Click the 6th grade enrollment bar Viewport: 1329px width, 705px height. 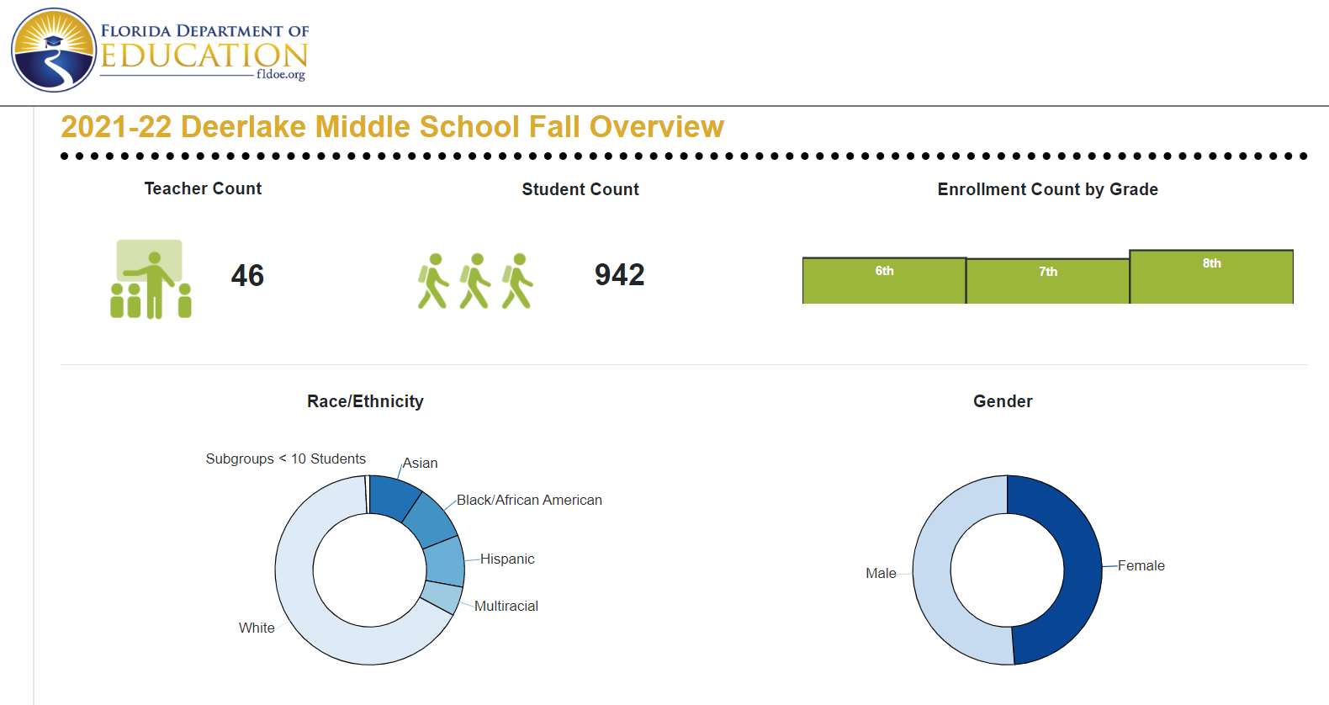coord(884,281)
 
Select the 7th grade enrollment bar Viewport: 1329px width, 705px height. coord(1048,281)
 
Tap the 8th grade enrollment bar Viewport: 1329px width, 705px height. coord(1211,277)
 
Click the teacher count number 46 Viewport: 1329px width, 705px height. coord(247,275)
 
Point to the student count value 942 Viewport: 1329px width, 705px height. coord(619,275)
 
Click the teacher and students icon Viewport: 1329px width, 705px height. coord(151,279)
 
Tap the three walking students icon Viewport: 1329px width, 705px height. coord(475,281)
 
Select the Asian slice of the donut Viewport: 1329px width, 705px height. coord(393,497)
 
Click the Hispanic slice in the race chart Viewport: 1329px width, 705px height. coord(445,561)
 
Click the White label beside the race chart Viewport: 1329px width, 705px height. coord(257,628)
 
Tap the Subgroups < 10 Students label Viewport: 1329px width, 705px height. coord(285,459)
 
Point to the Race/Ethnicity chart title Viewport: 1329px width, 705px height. coord(365,402)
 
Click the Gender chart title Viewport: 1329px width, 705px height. coord(1003,401)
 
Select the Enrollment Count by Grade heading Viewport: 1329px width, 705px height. coord(1048,189)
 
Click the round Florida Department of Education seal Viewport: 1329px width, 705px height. coord(53,50)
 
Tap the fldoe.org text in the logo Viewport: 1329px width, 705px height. coord(281,75)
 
